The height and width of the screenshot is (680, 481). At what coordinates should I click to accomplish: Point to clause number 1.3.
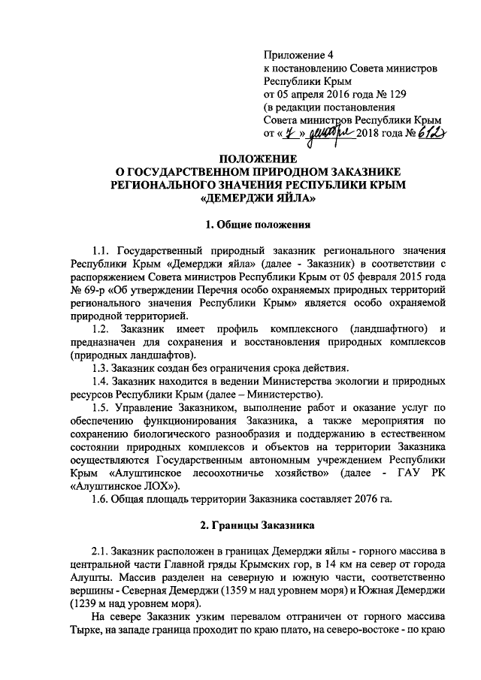click(102, 367)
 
